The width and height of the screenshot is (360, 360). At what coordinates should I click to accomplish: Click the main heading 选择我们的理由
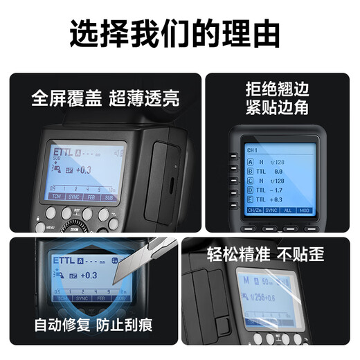179,33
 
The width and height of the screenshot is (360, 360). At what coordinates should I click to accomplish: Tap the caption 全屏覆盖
66,98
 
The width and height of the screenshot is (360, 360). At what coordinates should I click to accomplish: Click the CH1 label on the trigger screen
253,150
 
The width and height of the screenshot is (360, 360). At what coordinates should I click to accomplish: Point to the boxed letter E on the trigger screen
251,198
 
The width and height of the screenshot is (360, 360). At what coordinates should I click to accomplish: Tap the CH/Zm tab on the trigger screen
254,209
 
